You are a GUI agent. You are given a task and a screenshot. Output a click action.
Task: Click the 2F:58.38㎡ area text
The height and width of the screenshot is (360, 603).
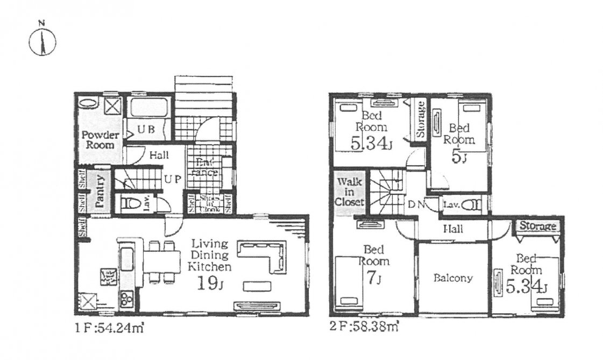point(364,326)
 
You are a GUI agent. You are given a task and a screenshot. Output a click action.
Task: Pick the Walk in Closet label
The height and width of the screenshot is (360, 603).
point(350,192)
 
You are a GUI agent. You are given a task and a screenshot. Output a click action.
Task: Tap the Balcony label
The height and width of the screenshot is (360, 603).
point(453,278)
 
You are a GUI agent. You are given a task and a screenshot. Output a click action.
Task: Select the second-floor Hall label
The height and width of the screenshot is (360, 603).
point(453,229)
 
